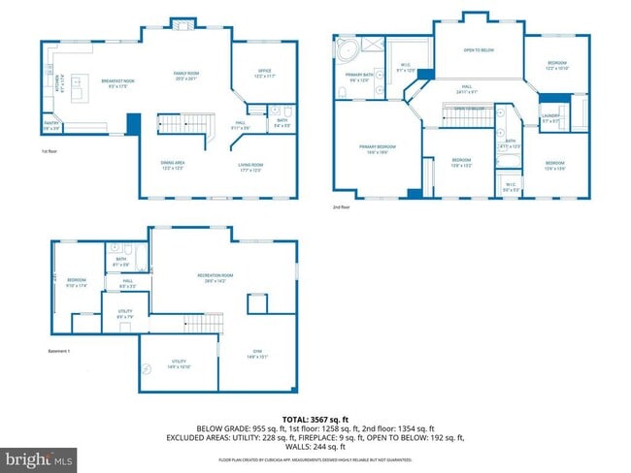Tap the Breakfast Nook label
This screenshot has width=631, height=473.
pyautogui.click(x=117, y=81)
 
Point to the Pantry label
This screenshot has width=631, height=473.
pyautogui.click(x=50, y=125)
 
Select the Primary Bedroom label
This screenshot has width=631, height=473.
pyautogui.click(x=374, y=148)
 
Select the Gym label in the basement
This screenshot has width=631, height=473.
pyautogui.click(x=257, y=354)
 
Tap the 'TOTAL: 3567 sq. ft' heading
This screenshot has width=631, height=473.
pyautogui.click(x=315, y=417)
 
